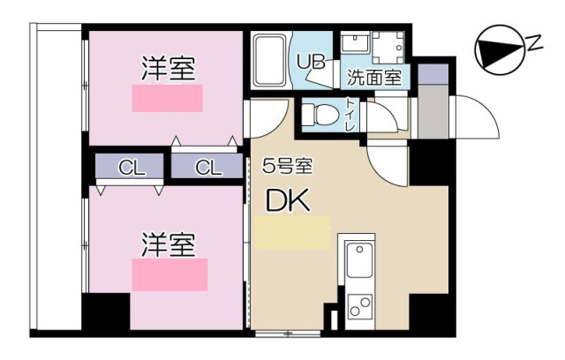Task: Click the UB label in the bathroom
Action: point(311,62)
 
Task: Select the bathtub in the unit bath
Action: point(267,60)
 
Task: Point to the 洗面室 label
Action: point(373,77)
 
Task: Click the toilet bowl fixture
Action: point(320,115)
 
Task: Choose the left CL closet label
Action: point(131,167)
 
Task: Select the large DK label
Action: point(288,201)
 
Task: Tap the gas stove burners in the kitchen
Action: point(359,307)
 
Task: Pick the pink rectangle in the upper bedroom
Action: point(167,98)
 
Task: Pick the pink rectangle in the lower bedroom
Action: point(169,274)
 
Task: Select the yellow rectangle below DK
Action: point(293,231)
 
